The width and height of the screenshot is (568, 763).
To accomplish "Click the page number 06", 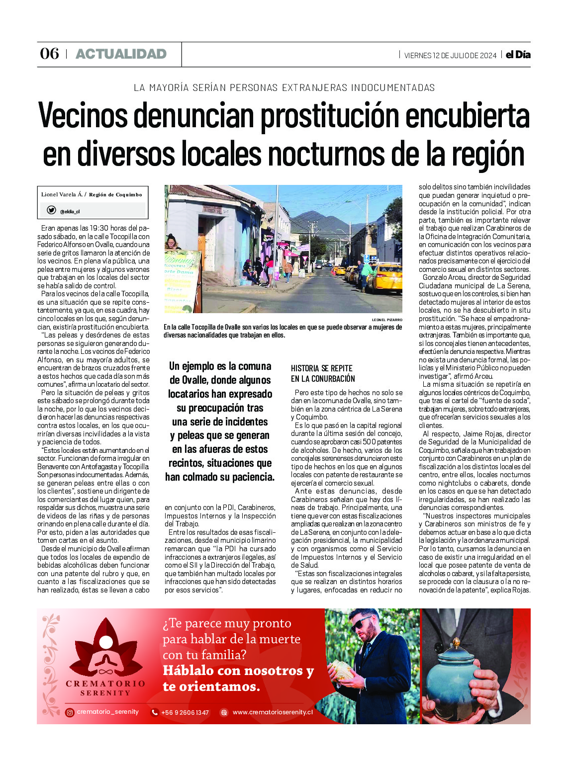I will pos(49,54).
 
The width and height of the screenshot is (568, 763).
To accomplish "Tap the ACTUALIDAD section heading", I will pos(121,54).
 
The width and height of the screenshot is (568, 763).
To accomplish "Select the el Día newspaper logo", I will pos(518,55).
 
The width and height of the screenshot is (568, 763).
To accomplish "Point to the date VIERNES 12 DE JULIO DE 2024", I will pos(450,55).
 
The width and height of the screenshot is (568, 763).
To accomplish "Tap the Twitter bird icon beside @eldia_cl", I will pos(51,210).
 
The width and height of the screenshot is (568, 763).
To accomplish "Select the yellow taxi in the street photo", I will pos(385,278).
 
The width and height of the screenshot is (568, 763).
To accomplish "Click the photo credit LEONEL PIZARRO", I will pos(387,320).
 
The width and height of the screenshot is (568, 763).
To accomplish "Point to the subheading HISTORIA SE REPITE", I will pos(322,368).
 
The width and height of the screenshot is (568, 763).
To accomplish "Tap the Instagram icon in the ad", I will pos(70,712).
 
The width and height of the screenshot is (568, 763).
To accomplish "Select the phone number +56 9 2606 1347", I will pos(185,712).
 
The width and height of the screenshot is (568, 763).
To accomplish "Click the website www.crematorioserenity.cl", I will pos(273,712).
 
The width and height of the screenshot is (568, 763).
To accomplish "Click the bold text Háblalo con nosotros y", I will pos(238,671).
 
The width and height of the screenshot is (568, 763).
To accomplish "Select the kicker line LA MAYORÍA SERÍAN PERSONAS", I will pos(284,87).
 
